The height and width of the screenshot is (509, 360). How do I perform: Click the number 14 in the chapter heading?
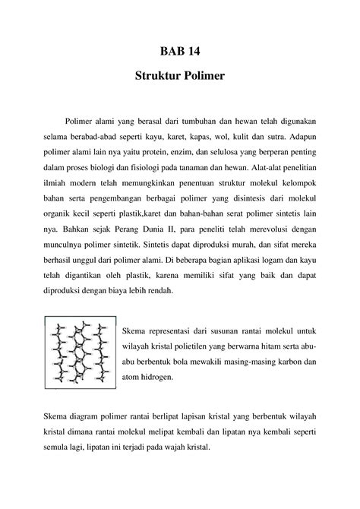pos(194,52)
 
